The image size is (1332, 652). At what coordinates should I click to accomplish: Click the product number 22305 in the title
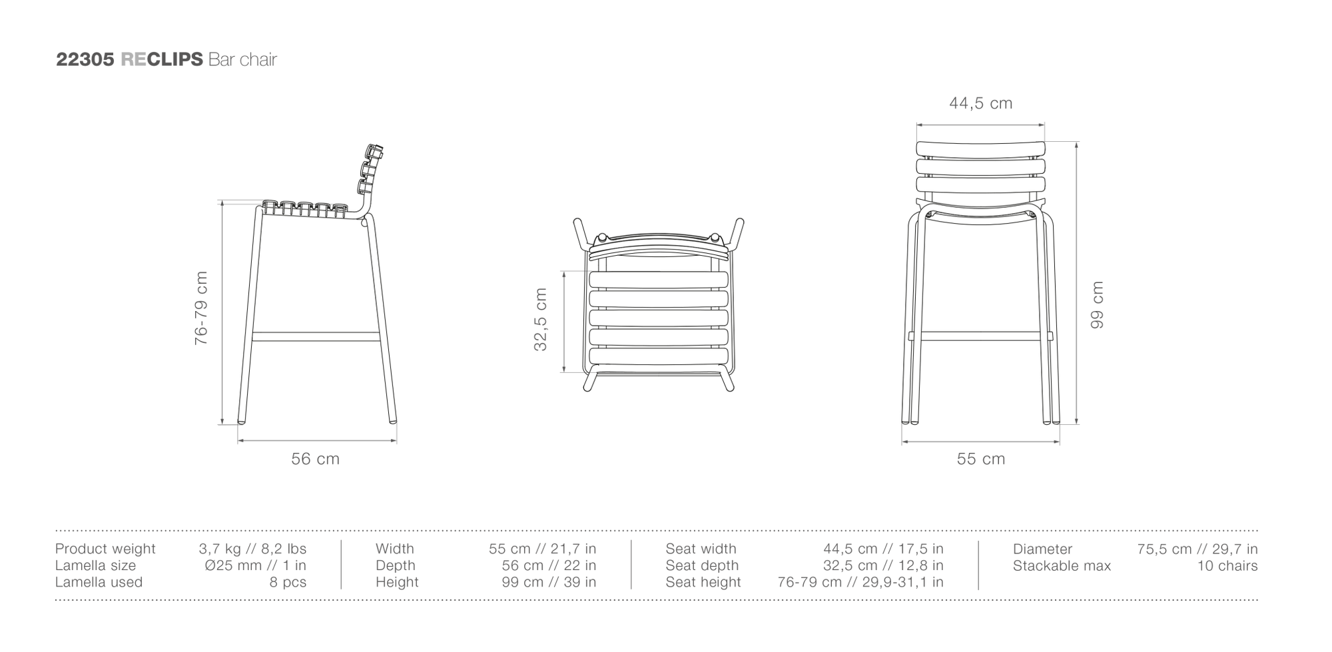click(86, 59)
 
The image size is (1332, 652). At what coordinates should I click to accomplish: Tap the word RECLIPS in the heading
click(162, 59)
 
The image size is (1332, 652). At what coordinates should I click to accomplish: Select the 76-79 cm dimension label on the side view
click(201, 308)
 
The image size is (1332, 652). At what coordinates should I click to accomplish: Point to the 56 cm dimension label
click(315, 459)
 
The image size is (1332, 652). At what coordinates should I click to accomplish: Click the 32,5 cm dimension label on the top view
click(540, 320)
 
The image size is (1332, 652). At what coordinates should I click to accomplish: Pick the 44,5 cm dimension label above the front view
click(980, 103)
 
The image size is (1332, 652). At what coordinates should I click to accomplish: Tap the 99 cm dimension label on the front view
click(1097, 304)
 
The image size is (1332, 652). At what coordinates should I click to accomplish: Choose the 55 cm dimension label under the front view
click(980, 459)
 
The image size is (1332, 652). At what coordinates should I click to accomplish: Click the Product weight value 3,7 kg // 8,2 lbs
click(252, 549)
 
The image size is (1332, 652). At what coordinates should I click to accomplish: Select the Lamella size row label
click(95, 565)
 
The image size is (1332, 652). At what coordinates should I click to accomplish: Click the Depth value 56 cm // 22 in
click(549, 565)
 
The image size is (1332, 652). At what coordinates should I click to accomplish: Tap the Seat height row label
click(703, 582)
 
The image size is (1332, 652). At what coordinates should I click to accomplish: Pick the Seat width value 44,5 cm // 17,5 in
click(883, 549)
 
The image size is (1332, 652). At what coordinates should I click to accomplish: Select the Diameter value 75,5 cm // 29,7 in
click(1197, 549)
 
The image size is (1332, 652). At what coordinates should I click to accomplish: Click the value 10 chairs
click(1227, 565)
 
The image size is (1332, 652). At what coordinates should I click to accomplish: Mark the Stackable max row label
click(1062, 565)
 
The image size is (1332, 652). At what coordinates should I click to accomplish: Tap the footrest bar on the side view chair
click(316, 337)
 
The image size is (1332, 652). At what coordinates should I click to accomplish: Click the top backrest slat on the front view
click(980, 150)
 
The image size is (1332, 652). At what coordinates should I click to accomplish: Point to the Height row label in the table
click(397, 582)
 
